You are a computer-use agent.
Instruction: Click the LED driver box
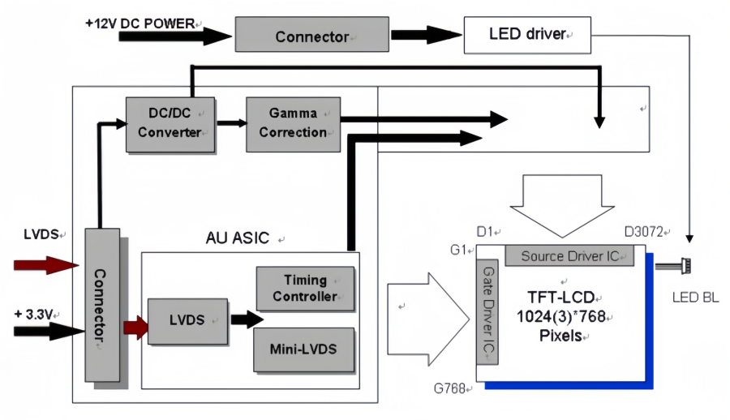click(526, 35)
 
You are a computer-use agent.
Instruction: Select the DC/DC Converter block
click(170, 123)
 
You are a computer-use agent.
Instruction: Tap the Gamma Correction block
click(293, 123)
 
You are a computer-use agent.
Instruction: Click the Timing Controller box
click(305, 288)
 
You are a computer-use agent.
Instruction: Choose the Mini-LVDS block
click(305, 350)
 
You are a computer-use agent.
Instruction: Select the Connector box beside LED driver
click(311, 36)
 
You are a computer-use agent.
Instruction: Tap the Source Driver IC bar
click(569, 256)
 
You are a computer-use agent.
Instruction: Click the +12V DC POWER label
click(140, 24)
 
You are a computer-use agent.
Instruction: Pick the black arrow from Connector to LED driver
click(421, 36)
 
